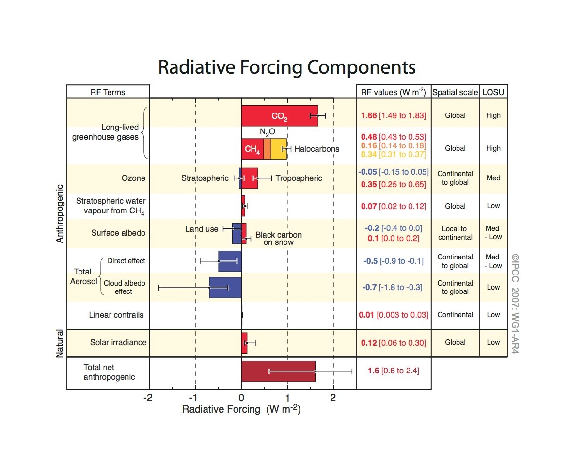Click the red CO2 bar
coord(280,116)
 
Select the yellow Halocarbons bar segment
coord(279,149)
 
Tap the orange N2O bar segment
coord(268,149)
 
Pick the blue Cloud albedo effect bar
coord(225,288)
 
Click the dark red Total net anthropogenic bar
coord(278,371)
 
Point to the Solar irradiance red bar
coord(245,343)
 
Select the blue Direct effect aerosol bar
coord(230,261)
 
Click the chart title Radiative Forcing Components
coord(287,67)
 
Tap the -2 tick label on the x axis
coord(148,398)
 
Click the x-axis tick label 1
coord(287,398)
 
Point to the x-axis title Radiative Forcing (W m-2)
coord(241,409)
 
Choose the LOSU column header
coord(493,92)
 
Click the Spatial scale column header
coord(455,93)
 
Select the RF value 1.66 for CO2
coord(369,115)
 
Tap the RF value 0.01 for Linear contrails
coord(366,315)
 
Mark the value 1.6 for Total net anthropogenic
coord(373,371)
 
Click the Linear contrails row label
coord(116,315)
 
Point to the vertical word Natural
coord(60,343)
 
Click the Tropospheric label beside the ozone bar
coord(299,178)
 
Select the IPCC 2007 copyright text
coord(515,304)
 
